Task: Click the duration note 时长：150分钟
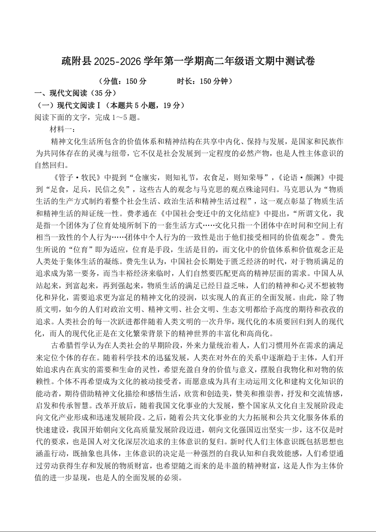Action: tap(204, 82)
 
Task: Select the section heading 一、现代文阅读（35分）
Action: tap(75, 93)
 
